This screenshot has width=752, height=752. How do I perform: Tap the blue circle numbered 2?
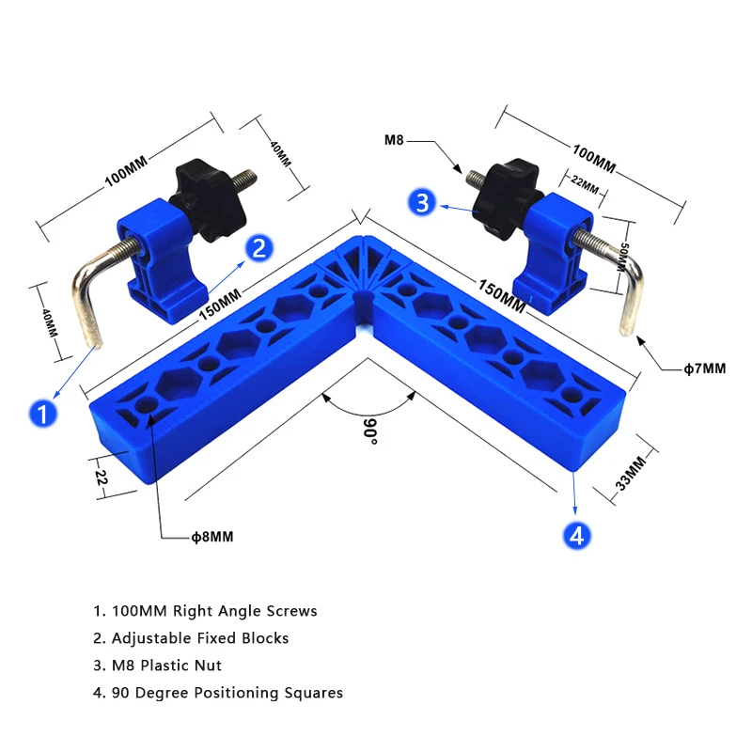click(259, 247)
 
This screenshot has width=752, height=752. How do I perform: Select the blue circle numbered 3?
click(422, 201)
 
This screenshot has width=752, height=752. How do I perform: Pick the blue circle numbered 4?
click(576, 535)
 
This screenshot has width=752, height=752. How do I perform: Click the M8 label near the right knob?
click(396, 141)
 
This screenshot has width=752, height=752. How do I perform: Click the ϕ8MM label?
click(211, 537)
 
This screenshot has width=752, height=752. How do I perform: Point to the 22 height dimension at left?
click(102, 477)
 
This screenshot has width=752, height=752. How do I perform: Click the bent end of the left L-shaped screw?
click(89, 310)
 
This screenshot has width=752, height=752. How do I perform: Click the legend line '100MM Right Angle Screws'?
click(205, 611)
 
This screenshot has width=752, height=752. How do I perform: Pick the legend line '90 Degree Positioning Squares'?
click(217, 693)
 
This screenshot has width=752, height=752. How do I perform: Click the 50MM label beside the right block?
click(621, 256)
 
